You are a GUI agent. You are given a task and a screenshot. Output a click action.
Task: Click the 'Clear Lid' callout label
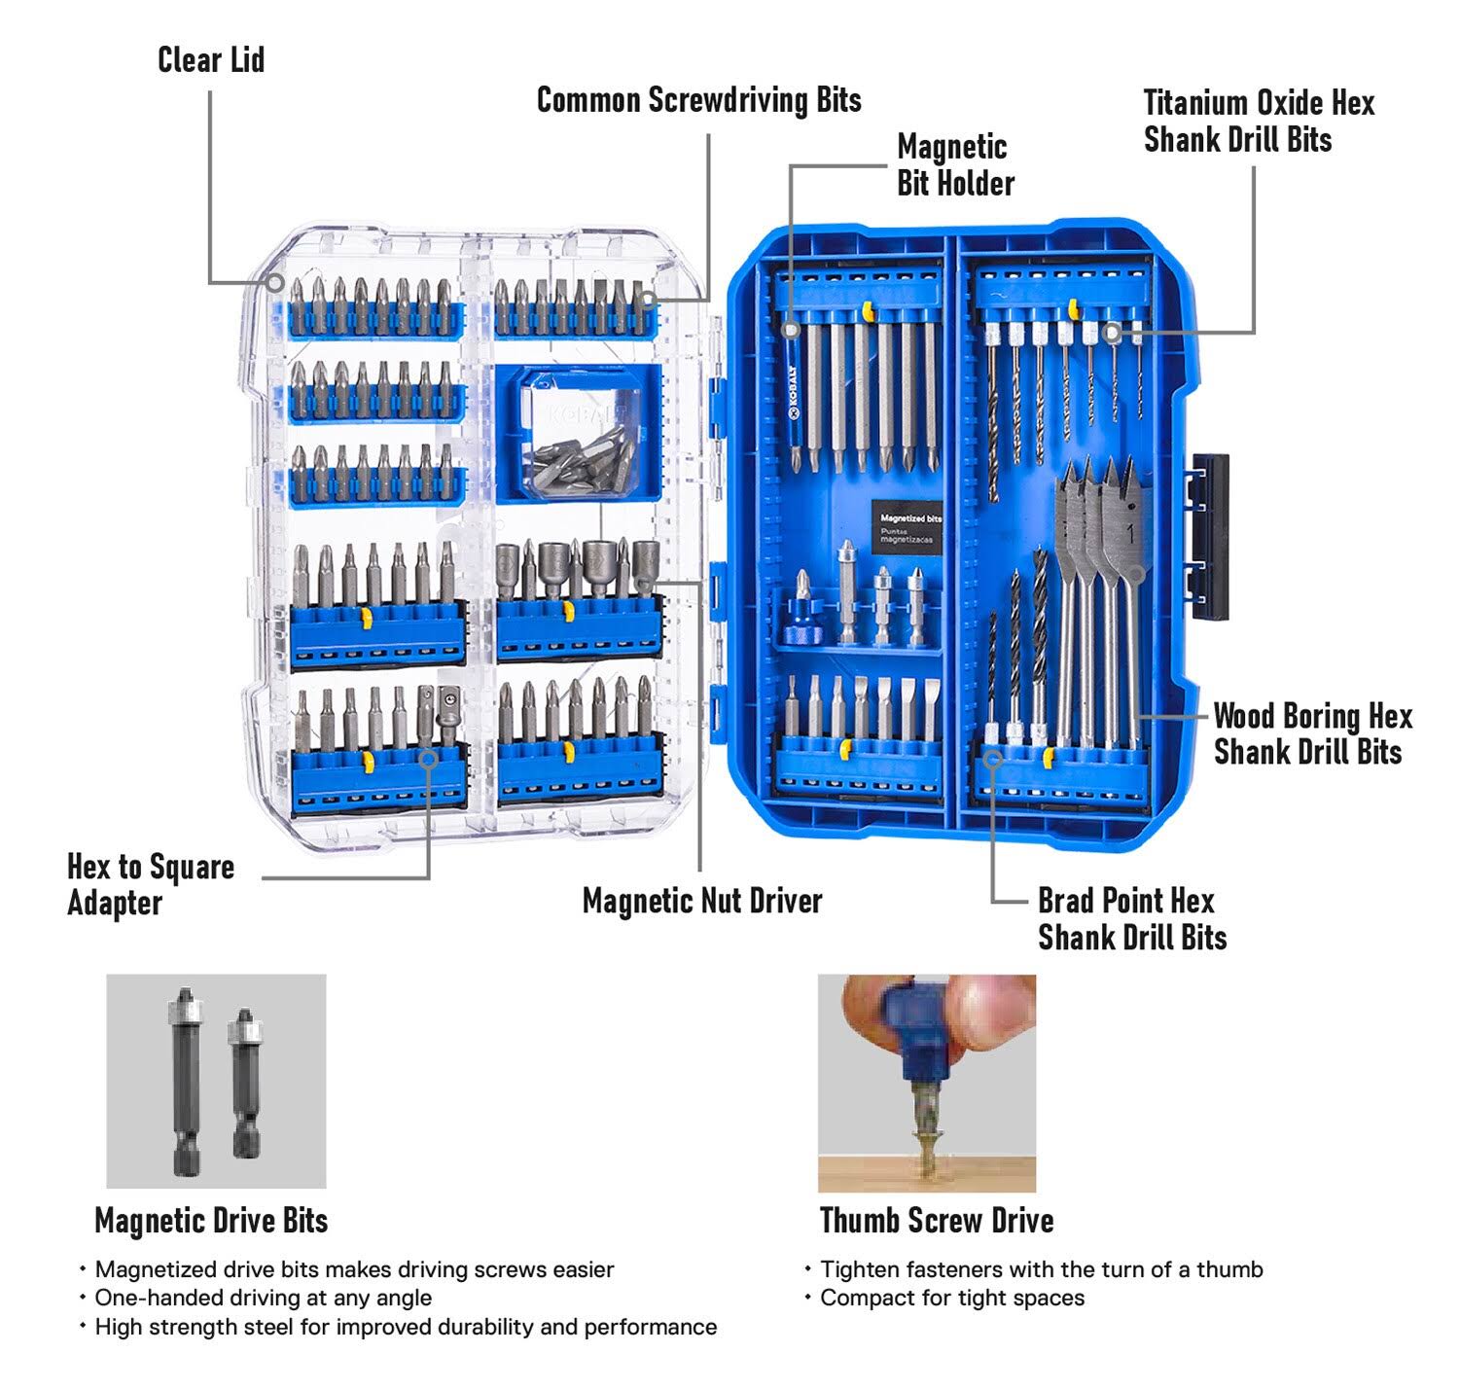[211, 60]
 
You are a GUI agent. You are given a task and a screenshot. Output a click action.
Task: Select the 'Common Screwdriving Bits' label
[698, 100]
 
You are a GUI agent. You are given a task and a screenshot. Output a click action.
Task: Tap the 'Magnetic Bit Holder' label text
[954, 165]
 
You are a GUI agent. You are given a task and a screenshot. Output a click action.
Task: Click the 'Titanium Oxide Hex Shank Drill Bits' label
[1258, 122]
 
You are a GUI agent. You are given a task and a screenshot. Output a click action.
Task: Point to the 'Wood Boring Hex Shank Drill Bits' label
[1311, 734]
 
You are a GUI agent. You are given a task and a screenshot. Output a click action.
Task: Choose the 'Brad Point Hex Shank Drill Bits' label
[1130, 919]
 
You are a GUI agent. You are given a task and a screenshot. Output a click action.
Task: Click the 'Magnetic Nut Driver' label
[701, 901]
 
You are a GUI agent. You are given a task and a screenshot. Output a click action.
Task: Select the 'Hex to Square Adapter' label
[150, 884]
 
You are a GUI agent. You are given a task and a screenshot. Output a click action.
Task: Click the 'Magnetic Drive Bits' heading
[211, 1220]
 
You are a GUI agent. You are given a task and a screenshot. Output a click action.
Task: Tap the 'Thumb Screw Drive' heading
[936, 1220]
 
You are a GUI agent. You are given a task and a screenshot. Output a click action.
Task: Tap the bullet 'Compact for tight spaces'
[951, 1298]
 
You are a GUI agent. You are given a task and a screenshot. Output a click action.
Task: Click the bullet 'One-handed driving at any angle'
[263, 1298]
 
